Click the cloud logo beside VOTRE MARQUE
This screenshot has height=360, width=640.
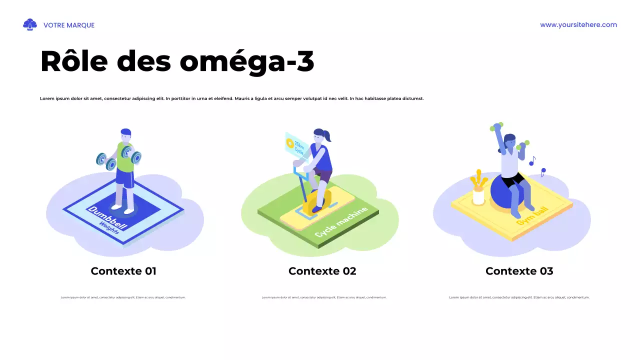(x=30, y=24)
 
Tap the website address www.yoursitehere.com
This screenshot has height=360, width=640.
(x=578, y=25)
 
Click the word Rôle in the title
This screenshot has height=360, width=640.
(x=74, y=61)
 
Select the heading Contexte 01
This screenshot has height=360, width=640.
(x=123, y=271)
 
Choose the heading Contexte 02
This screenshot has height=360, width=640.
(x=322, y=271)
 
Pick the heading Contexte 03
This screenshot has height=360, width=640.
(x=519, y=271)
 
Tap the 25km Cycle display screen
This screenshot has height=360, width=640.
(x=294, y=145)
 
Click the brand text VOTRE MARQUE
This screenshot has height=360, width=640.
(x=69, y=25)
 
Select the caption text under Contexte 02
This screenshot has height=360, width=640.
(x=324, y=297)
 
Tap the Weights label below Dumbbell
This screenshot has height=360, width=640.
(x=109, y=228)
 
